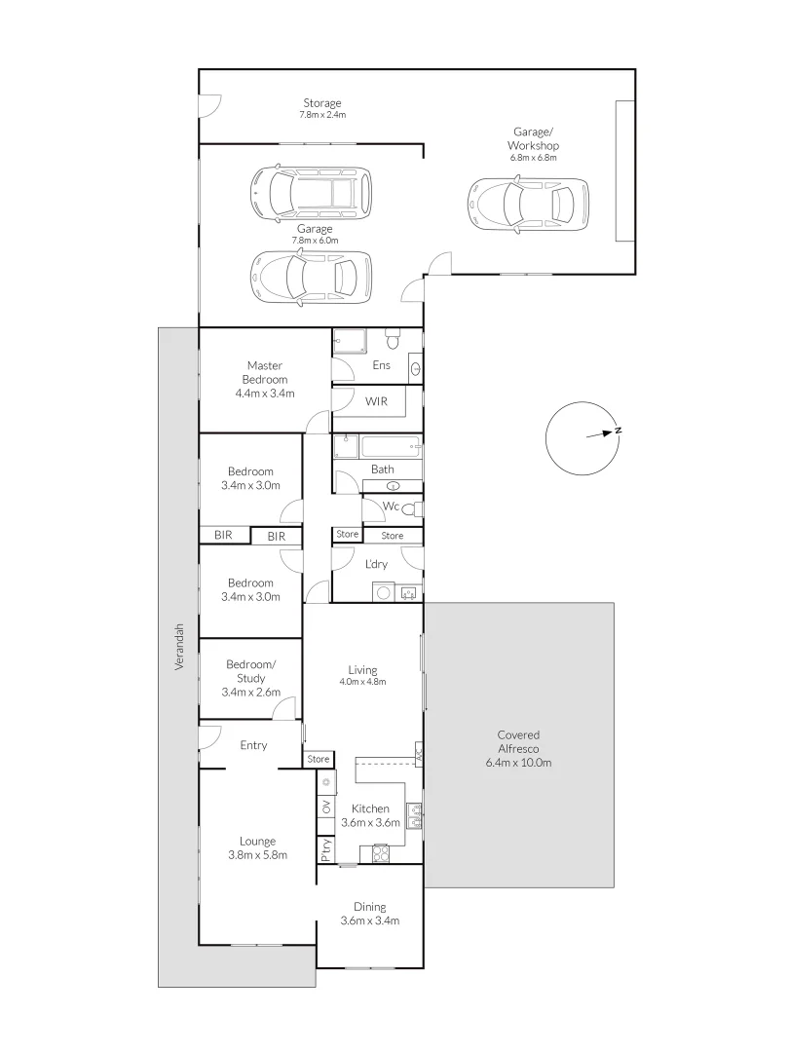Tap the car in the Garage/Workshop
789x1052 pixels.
[528, 204]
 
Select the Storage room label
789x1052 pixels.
[321, 103]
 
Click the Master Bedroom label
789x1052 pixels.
[264, 373]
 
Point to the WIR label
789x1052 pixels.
[378, 401]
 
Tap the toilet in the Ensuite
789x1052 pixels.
[393, 340]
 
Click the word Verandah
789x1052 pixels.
[179, 646]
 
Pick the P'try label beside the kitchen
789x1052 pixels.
[326, 849]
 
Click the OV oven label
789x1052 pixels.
[326, 808]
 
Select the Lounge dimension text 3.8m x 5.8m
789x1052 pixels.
[258, 856]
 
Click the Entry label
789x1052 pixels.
[253, 746]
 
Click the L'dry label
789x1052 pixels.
[377, 565]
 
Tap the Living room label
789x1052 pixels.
[362, 669]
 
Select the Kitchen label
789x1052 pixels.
[370, 808]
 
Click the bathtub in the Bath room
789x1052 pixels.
[389, 448]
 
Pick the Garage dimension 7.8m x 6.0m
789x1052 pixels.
[312, 240]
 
